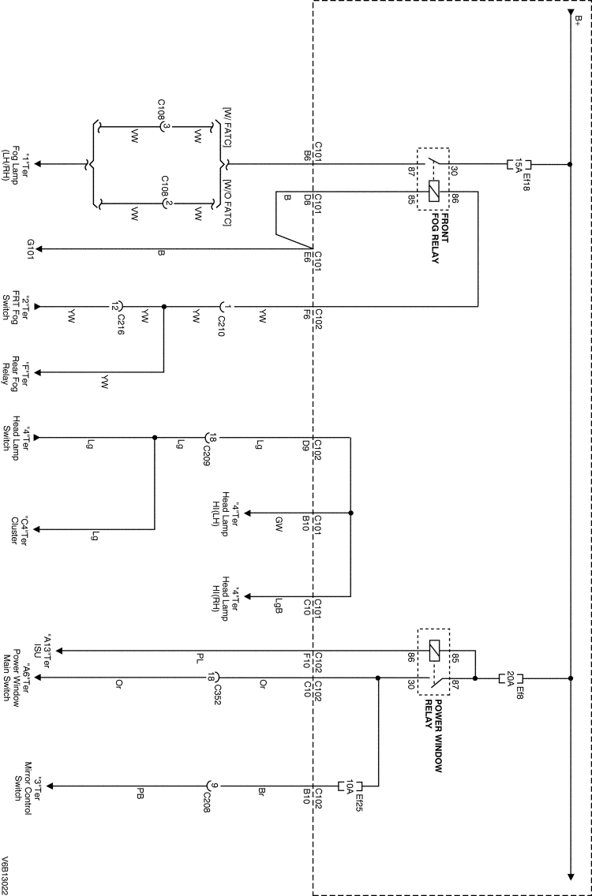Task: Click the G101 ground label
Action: click(30, 250)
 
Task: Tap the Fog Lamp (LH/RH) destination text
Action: click(21, 165)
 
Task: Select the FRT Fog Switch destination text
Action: click(21, 306)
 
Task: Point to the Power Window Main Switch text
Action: click(21, 678)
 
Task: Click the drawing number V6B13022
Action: click(7, 872)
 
